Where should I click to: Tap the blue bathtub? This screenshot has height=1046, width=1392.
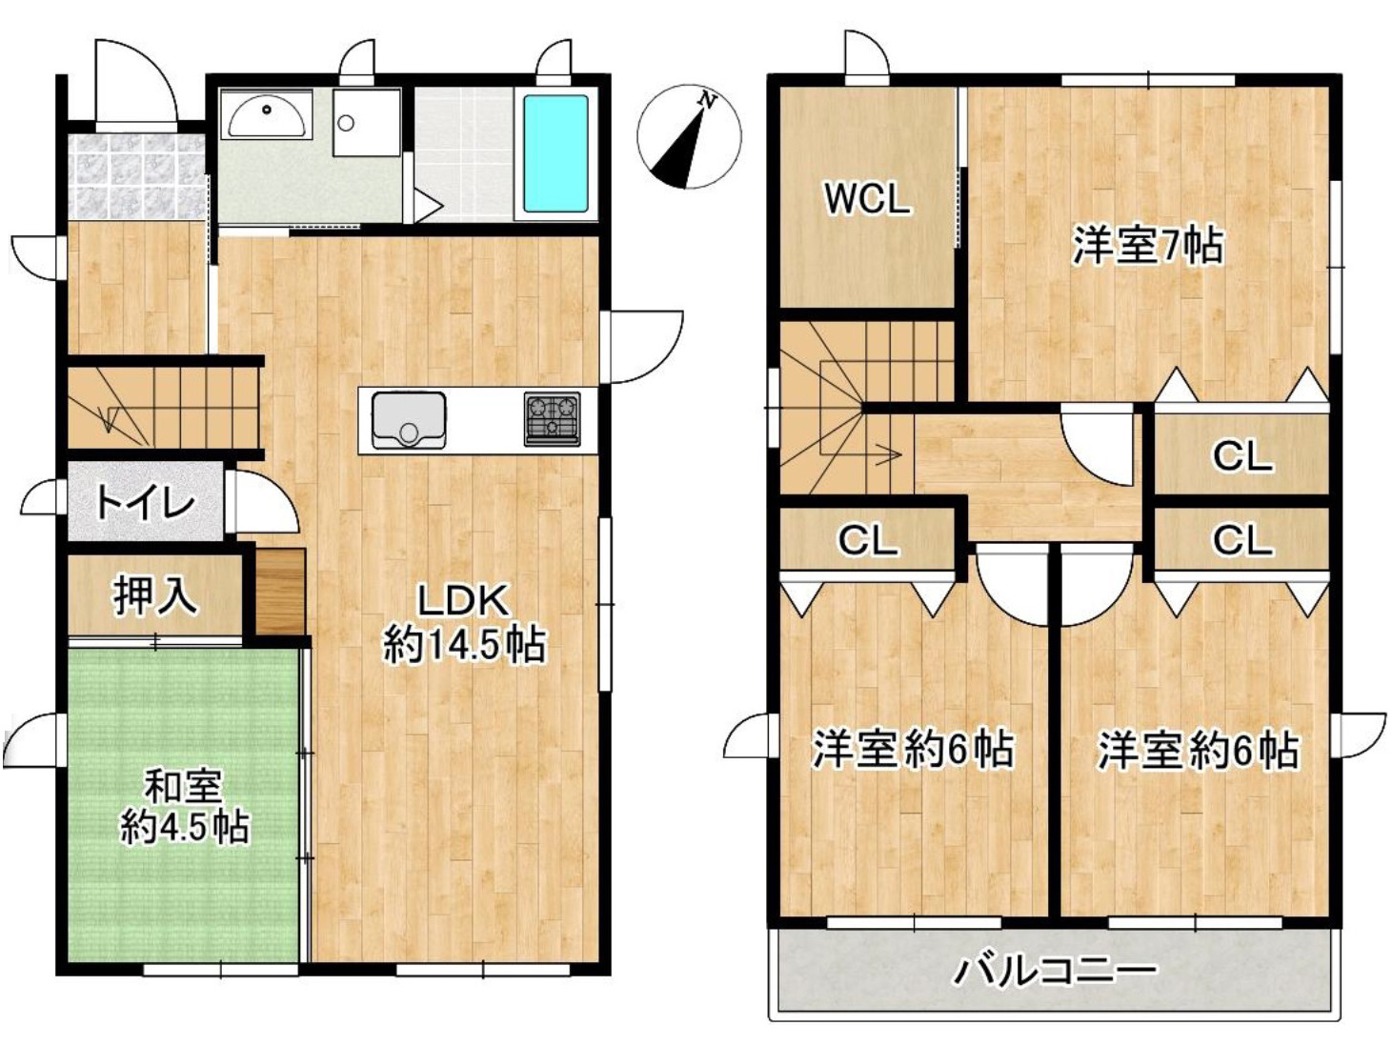[555, 153]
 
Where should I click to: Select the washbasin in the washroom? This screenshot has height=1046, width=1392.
[267, 115]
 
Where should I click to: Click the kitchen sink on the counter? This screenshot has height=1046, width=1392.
[409, 419]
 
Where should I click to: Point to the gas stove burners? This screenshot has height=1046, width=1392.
[552, 418]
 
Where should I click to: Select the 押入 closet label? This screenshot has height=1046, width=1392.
[154, 596]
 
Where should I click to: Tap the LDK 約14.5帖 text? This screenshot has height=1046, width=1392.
[464, 623]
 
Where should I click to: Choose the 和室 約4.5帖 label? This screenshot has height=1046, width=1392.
[184, 808]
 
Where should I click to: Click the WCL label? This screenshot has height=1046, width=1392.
[866, 200]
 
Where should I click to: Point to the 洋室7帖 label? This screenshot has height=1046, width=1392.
[1147, 246]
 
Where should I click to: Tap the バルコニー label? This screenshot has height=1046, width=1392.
[1055, 972]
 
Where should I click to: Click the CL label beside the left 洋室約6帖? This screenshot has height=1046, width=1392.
[867, 541]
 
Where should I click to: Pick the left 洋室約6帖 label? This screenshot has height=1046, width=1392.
[912, 751]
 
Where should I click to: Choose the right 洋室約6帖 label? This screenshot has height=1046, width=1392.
[1198, 751]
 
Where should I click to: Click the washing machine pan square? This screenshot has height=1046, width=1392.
[366, 123]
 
